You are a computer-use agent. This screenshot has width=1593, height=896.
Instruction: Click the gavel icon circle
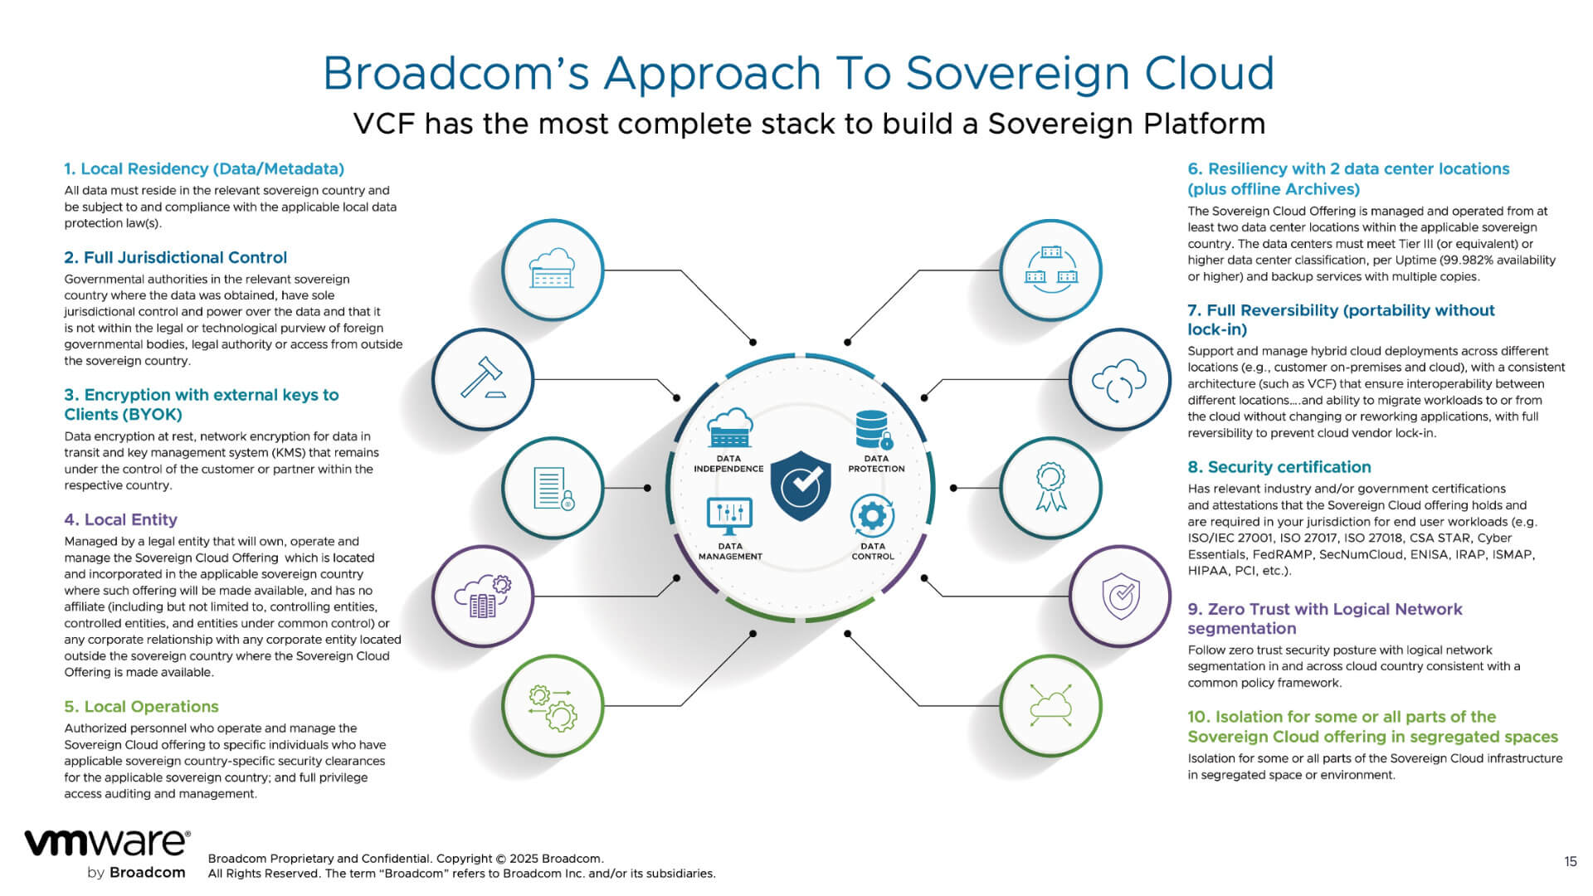[483, 379]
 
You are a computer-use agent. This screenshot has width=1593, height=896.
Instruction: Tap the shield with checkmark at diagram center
[800, 486]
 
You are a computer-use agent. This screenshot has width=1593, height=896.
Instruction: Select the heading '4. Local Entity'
[120, 519]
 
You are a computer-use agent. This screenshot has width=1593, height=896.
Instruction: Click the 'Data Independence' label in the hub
[728, 464]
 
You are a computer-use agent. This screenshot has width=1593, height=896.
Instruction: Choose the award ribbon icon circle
[1050, 487]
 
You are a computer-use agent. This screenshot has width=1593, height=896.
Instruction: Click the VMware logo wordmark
[107, 842]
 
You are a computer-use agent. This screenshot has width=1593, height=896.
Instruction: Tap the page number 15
[1570, 861]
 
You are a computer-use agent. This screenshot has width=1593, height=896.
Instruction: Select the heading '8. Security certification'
[1279, 467]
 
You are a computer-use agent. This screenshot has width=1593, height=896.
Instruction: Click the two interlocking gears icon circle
[553, 706]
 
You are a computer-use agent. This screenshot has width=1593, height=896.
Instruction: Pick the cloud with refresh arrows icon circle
[1119, 379]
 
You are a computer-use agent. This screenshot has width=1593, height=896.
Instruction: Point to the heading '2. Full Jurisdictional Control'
[175, 257]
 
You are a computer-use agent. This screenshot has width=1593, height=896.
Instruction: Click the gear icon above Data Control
[872, 516]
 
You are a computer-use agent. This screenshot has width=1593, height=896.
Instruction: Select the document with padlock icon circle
[553, 487]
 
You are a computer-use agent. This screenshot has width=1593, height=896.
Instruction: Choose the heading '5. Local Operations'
[141, 707]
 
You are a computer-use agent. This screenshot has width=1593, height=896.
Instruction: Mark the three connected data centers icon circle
[1050, 270]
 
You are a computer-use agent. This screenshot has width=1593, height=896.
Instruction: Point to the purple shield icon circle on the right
[1119, 596]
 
